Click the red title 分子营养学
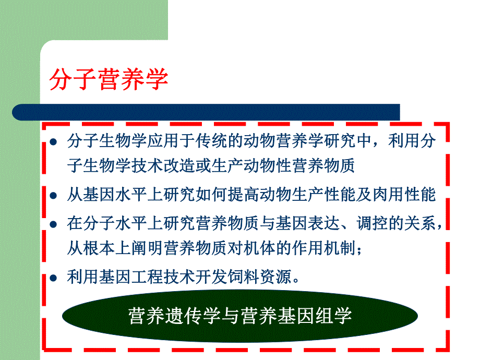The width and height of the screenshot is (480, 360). coord(109,80)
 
